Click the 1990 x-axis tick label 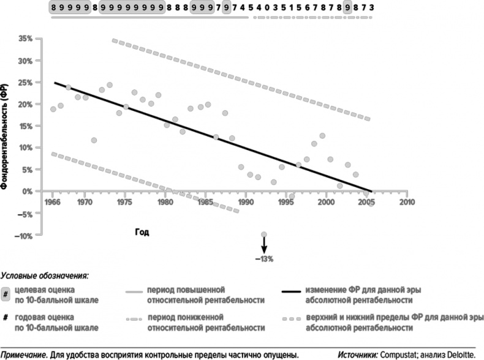coord(245,201)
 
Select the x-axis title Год coord(142,232)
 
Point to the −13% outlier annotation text coord(264,258)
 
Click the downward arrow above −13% coord(264,245)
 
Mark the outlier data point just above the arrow coord(264,234)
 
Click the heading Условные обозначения coord(45,276)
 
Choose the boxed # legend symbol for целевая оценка coord(6,293)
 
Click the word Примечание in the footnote coord(27,353)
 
